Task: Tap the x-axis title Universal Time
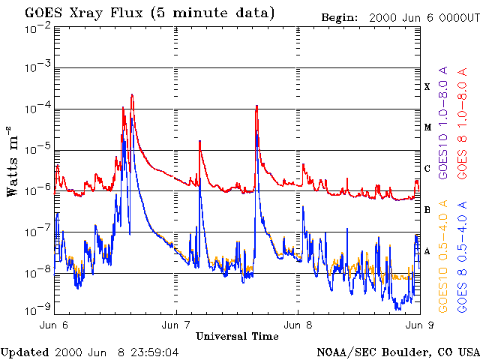tap(237, 336)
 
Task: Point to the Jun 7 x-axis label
tap(175, 325)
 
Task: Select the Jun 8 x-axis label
tap(298, 325)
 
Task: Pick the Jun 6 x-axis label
tap(54, 325)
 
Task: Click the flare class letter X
tap(427, 87)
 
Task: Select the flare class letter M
tap(427, 127)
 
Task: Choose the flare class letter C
tap(427, 169)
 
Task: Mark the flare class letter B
tap(427, 210)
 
